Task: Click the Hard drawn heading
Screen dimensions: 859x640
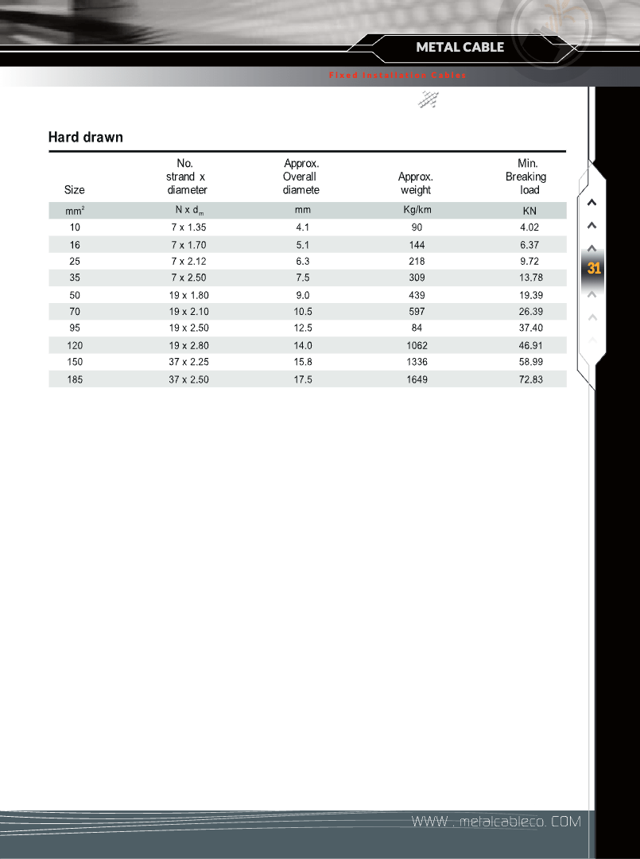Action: point(86,138)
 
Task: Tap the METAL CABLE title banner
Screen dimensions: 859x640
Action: point(460,47)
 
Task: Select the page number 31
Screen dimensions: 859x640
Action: point(594,269)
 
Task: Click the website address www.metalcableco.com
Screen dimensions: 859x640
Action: point(495,821)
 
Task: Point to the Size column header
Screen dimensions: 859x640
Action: point(74,190)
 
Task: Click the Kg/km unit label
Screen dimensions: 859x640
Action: point(417,210)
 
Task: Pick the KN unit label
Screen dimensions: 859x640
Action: point(529,211)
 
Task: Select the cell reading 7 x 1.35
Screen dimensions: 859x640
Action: point(188,227)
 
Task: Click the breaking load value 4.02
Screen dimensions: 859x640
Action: point(529,227)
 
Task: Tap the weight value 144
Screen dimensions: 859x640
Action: point(417,245)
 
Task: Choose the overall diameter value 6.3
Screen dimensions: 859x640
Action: point(302,261)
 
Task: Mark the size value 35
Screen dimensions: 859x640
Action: point(75,278)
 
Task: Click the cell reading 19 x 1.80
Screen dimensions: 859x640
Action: point(188,295)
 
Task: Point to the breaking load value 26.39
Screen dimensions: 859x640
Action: point(529,312)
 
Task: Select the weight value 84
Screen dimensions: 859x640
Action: point(417,328)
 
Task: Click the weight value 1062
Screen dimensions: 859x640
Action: point(417,346)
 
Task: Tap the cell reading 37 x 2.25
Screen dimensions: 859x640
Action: point(188,362)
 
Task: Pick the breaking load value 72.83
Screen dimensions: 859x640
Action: point(529,380)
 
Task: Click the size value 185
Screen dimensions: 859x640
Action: point(75,380)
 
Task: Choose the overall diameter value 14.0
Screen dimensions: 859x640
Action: point(303,346)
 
